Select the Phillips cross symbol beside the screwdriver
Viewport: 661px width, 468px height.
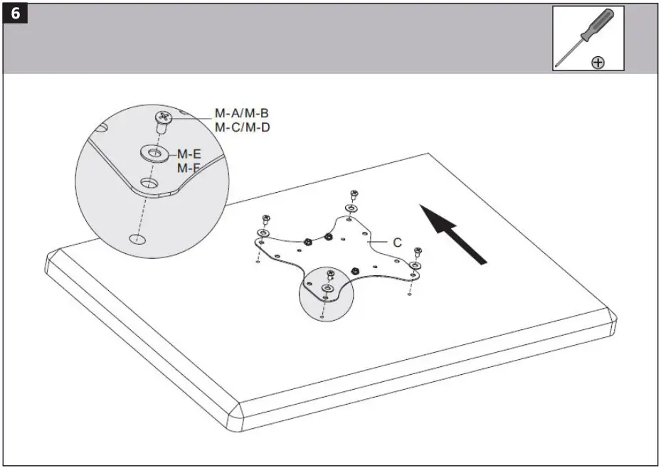point(598,63)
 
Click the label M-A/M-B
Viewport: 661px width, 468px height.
point(242,114)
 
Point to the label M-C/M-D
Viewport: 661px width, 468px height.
point(242,128)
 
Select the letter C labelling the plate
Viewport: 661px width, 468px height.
point(397,243)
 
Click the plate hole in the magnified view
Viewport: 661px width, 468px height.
point(149,184)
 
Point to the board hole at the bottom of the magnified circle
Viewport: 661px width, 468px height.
point(135,238)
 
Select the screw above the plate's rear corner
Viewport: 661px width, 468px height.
point(354,194)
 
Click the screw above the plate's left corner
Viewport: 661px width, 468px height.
point(266,218)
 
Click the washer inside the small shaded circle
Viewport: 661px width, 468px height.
point(327,287)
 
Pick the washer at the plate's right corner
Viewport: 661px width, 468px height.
point(415,265)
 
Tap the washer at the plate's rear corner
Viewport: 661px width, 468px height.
point(351,208)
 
